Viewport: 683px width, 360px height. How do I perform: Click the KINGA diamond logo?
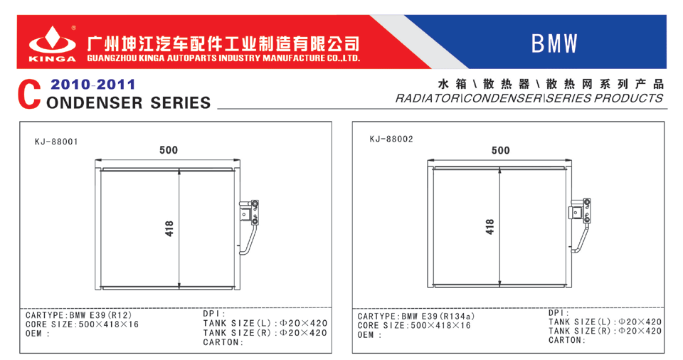tap(52, 40)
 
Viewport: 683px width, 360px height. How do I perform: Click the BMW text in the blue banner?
tap(554, 43)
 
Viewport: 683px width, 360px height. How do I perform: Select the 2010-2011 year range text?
tap(92, 84)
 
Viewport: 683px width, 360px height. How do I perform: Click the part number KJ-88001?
tap(56, 142)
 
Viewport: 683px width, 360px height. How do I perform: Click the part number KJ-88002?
tap(391, 139)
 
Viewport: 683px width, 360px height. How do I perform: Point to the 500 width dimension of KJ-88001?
tap(169, 150)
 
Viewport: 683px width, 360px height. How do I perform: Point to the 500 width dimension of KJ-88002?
tap(500, 151)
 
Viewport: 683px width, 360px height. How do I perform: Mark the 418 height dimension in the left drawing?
tap(169, 228)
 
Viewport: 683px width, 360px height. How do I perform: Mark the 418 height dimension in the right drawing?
tap(489, 227)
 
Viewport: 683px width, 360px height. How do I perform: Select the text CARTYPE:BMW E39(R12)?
tap(79, 315)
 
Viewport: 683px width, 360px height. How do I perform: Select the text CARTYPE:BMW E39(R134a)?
tap(416, 317)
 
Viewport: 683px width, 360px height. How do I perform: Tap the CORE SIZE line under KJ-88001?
tap(82, 324)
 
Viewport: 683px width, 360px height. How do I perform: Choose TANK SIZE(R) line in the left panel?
tap(265, 333)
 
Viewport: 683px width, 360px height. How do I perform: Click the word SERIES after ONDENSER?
tap(180, 103)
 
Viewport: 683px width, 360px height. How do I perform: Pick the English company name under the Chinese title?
tap(223, 58)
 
